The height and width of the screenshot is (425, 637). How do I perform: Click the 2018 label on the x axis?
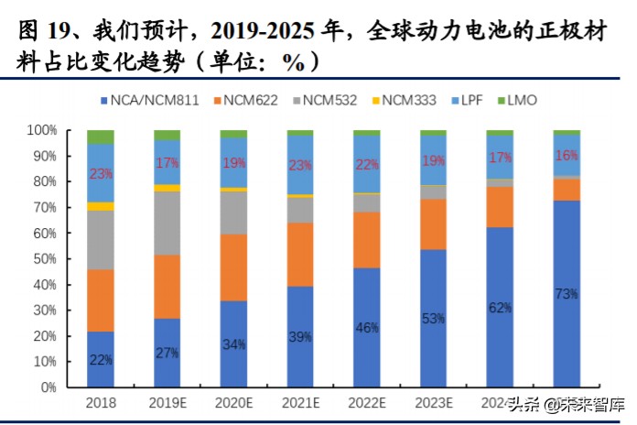101,403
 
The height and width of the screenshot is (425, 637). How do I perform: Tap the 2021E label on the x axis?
300,403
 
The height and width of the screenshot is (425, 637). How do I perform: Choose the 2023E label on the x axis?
433,403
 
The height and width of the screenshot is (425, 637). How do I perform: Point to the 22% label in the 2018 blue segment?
101,359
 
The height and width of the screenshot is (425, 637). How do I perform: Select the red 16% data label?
567,156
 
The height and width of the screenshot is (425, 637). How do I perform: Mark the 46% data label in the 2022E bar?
367,327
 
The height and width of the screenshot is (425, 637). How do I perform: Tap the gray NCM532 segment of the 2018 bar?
101,240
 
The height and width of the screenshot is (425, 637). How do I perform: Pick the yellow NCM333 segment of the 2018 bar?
101,206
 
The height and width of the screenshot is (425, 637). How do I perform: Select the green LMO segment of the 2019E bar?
167,135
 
